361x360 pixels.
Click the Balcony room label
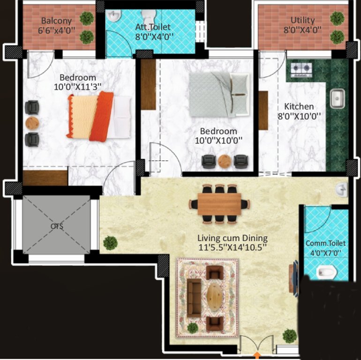(56, 21)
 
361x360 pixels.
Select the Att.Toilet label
(153, 27)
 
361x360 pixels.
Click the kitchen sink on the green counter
(337, 99)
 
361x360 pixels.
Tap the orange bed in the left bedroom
(99, 115)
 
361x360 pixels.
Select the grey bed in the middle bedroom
(218, 92)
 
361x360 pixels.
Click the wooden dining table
(219, 204)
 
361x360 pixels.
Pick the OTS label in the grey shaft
(57, 226)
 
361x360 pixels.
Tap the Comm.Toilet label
(325, 243)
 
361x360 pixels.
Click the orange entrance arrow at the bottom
(256, 355)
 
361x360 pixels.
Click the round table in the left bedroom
(32, 123)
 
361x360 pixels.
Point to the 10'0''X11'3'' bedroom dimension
(78, 86)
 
